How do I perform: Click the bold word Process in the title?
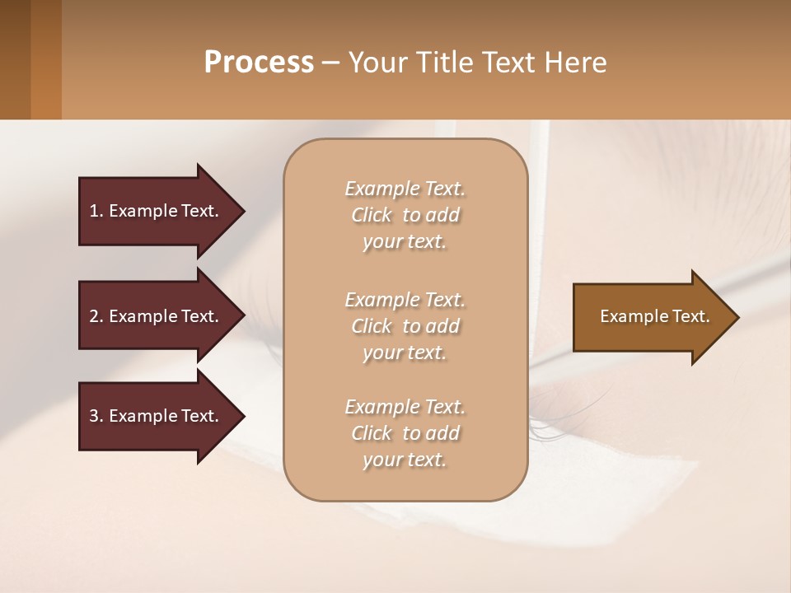click(259, 63)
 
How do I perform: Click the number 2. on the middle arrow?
click(96, 316)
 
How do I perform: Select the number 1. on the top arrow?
click(96, 211)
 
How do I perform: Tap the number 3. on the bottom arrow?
click(96, 416)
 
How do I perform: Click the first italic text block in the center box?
click(405, 215)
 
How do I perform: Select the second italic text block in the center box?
click(405, 326)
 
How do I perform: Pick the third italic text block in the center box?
click(405, 433)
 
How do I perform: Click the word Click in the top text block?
click(371, 215)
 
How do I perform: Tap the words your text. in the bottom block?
click(405, 460)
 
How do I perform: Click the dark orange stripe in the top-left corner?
click(46, 59)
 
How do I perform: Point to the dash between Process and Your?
click(330, 63)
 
